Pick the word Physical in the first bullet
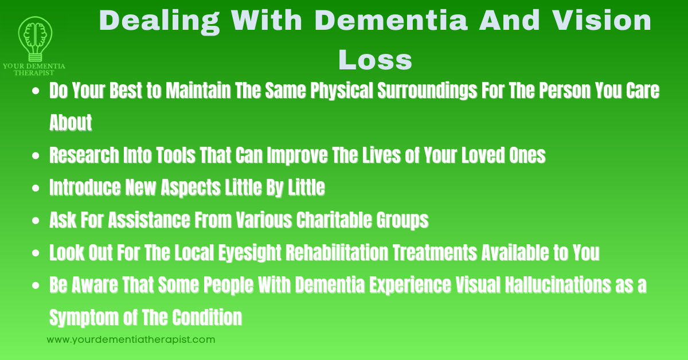[x=346, y=91]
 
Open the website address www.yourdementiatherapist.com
[x=131, y=339]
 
